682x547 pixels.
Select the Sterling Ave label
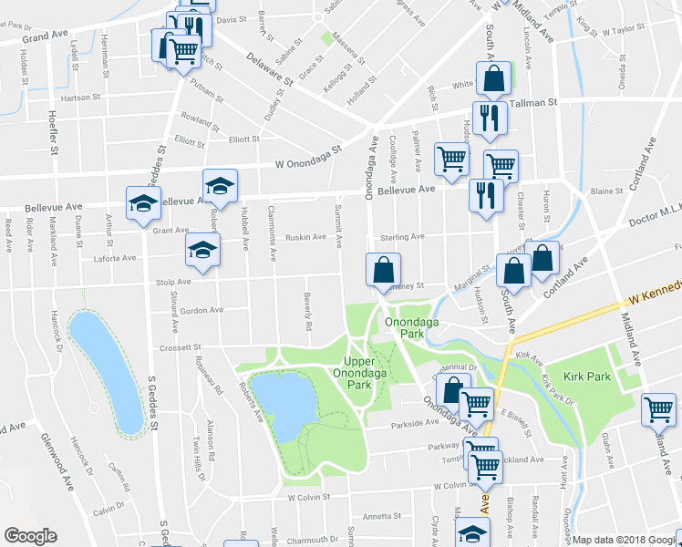pyautogui.click(x=402, y=236)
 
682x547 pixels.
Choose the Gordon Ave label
pyautogui.click(x=201, y=310)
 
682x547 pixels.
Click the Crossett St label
pyautogui.click(x=179, y=347)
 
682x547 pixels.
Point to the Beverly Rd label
pyautogui.click(x=309, y=313)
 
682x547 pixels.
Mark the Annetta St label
pyautogui.click(x=376, y=516)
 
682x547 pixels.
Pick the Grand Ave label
pyautogui.click(x=46, y=38)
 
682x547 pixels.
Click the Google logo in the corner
pyautogui.click(x=30, y=536)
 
